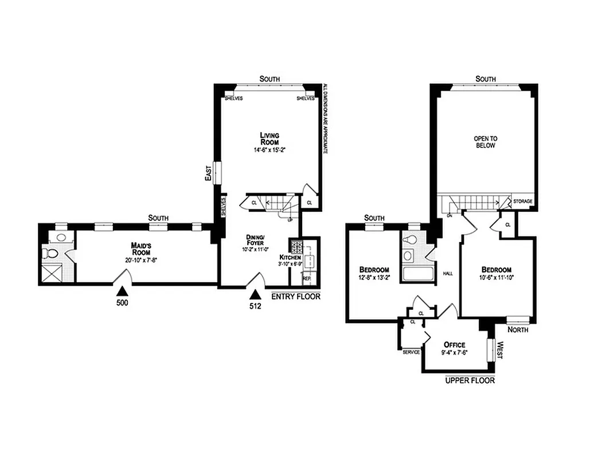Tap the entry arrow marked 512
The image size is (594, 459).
255,294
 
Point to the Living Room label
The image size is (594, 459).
269,138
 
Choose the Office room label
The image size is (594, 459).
454,344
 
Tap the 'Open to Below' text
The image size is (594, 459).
484,142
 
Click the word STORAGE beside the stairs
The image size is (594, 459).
522,201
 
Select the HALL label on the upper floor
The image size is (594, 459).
448,274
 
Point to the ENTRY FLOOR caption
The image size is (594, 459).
295,297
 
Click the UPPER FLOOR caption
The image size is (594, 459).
470,380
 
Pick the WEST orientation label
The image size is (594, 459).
500,351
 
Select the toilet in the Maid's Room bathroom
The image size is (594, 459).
50,252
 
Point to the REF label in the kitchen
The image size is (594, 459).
306,279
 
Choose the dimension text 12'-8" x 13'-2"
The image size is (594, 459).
374,279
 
